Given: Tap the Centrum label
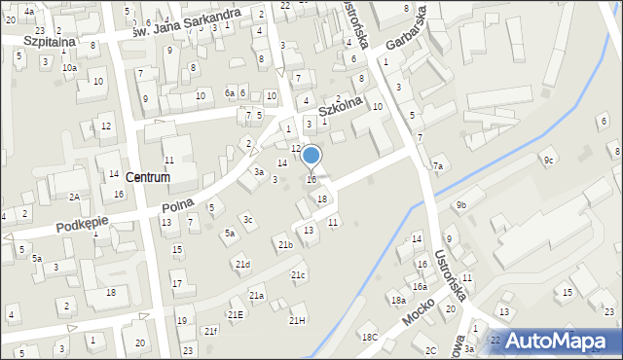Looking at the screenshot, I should pyautogui.click(x=148, y=178).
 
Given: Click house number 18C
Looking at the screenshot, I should pyautogui.click(x=370, y=337).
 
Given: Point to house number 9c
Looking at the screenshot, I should pyautogui.click(x=549, y=161).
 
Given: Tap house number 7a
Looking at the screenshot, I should pyautogui.click(x=438, y=166).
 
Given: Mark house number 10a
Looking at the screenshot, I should pyautogui.click(x=69, y=68).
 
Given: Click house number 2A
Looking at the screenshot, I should pyautogui.click(x=74, y=197).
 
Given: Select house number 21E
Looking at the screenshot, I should pyautogui.click(x=236, y=314).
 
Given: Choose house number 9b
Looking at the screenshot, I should pyautogui.click(x=461, y=205).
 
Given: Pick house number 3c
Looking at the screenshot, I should pyautogui.click(x=248, y=220).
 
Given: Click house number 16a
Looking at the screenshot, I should pyautogui.click(x=419, y=286).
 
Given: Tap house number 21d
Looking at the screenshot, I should pyautogui.click(x=242, y=265).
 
